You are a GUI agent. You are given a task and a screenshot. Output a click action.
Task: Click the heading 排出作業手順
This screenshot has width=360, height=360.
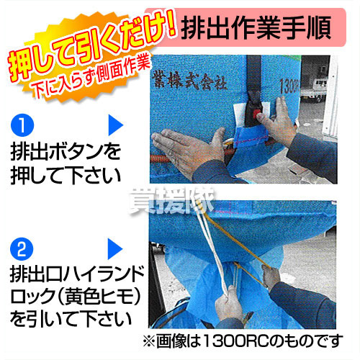[256, 28]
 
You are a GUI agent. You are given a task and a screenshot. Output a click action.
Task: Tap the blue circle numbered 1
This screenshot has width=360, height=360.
[22, 125]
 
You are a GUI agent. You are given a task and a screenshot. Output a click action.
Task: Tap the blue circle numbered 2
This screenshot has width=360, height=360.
[22, 249]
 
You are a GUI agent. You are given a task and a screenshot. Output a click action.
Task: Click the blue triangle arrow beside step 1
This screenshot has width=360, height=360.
[115, 125]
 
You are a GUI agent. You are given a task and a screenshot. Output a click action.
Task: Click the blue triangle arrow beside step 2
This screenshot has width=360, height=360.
[115, 249]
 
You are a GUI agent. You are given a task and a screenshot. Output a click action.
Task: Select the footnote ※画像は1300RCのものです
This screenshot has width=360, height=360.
[243, 341]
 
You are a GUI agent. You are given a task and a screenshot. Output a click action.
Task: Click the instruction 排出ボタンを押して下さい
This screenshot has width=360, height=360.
[66, 163]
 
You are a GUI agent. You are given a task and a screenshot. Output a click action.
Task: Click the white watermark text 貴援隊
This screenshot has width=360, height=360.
[172, 201]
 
